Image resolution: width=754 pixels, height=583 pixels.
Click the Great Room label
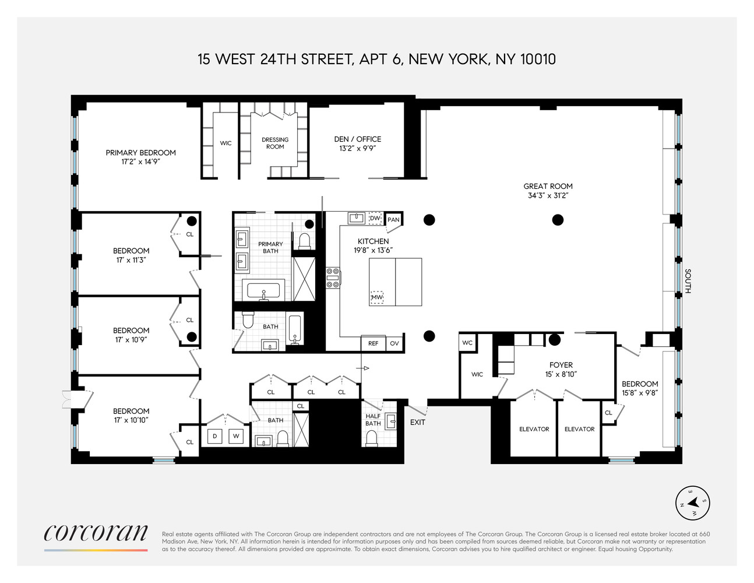tap(548, 187)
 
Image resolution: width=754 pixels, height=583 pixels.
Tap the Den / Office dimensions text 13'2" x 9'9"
tap(357, 149)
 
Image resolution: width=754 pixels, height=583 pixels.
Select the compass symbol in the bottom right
tap(693, 503)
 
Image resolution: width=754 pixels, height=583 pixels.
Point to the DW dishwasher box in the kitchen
tap(375, 218)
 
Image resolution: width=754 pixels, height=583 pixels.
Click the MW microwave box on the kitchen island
tap(377, 297)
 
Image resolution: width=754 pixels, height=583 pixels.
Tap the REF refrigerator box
tap(373, 343)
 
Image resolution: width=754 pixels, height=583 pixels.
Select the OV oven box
tap(394, 343)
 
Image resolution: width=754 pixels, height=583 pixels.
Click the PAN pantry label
tap(394, 220)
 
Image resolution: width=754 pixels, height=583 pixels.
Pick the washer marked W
tap(236, 436)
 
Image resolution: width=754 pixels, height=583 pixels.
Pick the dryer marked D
tap(214, 436)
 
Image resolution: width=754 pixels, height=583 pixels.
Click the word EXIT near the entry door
tap(418, 422)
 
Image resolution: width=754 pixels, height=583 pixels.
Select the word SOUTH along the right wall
tap(688, 281)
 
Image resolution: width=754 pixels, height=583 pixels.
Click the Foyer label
tap(561, 365)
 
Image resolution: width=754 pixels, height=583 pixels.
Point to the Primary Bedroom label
tap(140, 153)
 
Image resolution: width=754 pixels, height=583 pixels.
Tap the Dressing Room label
tap(275, 143)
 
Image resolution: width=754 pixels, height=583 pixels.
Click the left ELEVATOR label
tap(534, 429)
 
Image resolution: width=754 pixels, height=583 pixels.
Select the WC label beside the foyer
tap(467, 343)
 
